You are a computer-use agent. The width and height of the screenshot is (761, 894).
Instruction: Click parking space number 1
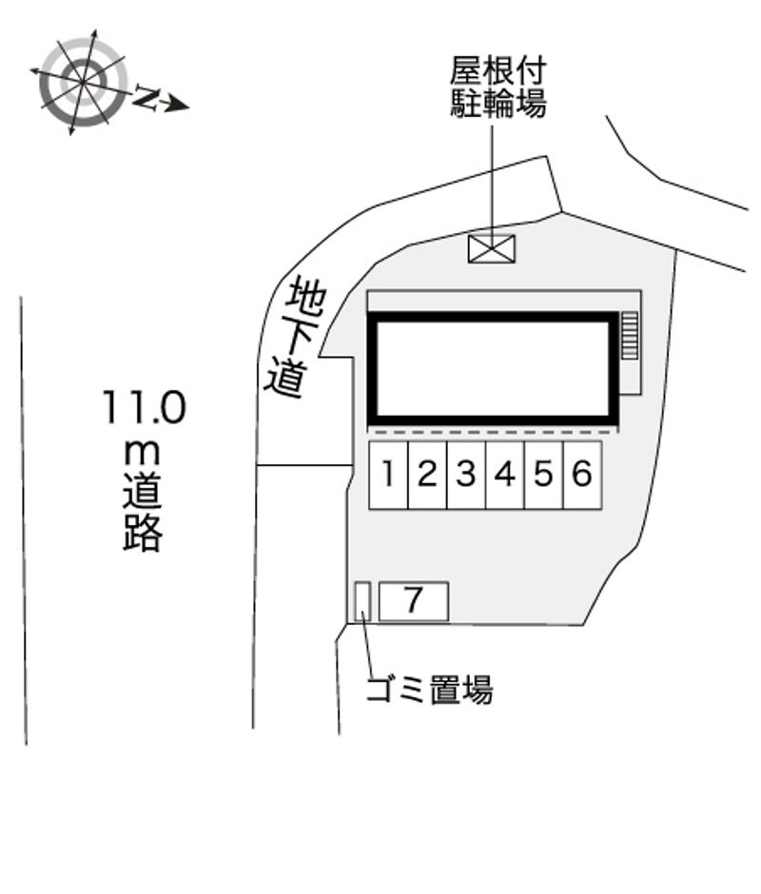click(388, 475)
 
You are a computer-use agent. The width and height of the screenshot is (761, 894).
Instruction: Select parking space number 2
click(427, 475)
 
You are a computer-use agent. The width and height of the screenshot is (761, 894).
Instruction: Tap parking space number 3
click(466, 475)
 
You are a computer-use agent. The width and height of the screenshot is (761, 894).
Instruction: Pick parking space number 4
click(505, 475)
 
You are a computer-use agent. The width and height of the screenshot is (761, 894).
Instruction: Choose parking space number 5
click(544, 475)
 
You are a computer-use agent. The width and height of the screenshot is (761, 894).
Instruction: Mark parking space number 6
click(582, 475)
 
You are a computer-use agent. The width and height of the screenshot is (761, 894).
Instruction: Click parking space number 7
click(414, 601)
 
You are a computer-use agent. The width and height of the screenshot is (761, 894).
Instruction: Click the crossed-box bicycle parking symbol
click(492, 248)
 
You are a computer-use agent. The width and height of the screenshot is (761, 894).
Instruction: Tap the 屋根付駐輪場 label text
click(498, 87)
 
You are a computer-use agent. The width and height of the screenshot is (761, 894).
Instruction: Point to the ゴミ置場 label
click(429, 690)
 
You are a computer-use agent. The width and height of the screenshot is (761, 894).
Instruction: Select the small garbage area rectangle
click(362, 601)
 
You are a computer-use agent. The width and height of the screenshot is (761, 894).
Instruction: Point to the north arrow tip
click(189, 107)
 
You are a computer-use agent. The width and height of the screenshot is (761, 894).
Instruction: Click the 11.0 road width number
click(145, 407)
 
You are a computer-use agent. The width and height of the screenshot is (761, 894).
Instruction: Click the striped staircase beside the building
click(629, 335)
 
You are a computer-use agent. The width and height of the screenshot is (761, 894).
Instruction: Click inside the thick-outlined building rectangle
click(494, 369)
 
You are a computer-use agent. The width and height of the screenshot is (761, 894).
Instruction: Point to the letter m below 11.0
click(142, 454)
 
